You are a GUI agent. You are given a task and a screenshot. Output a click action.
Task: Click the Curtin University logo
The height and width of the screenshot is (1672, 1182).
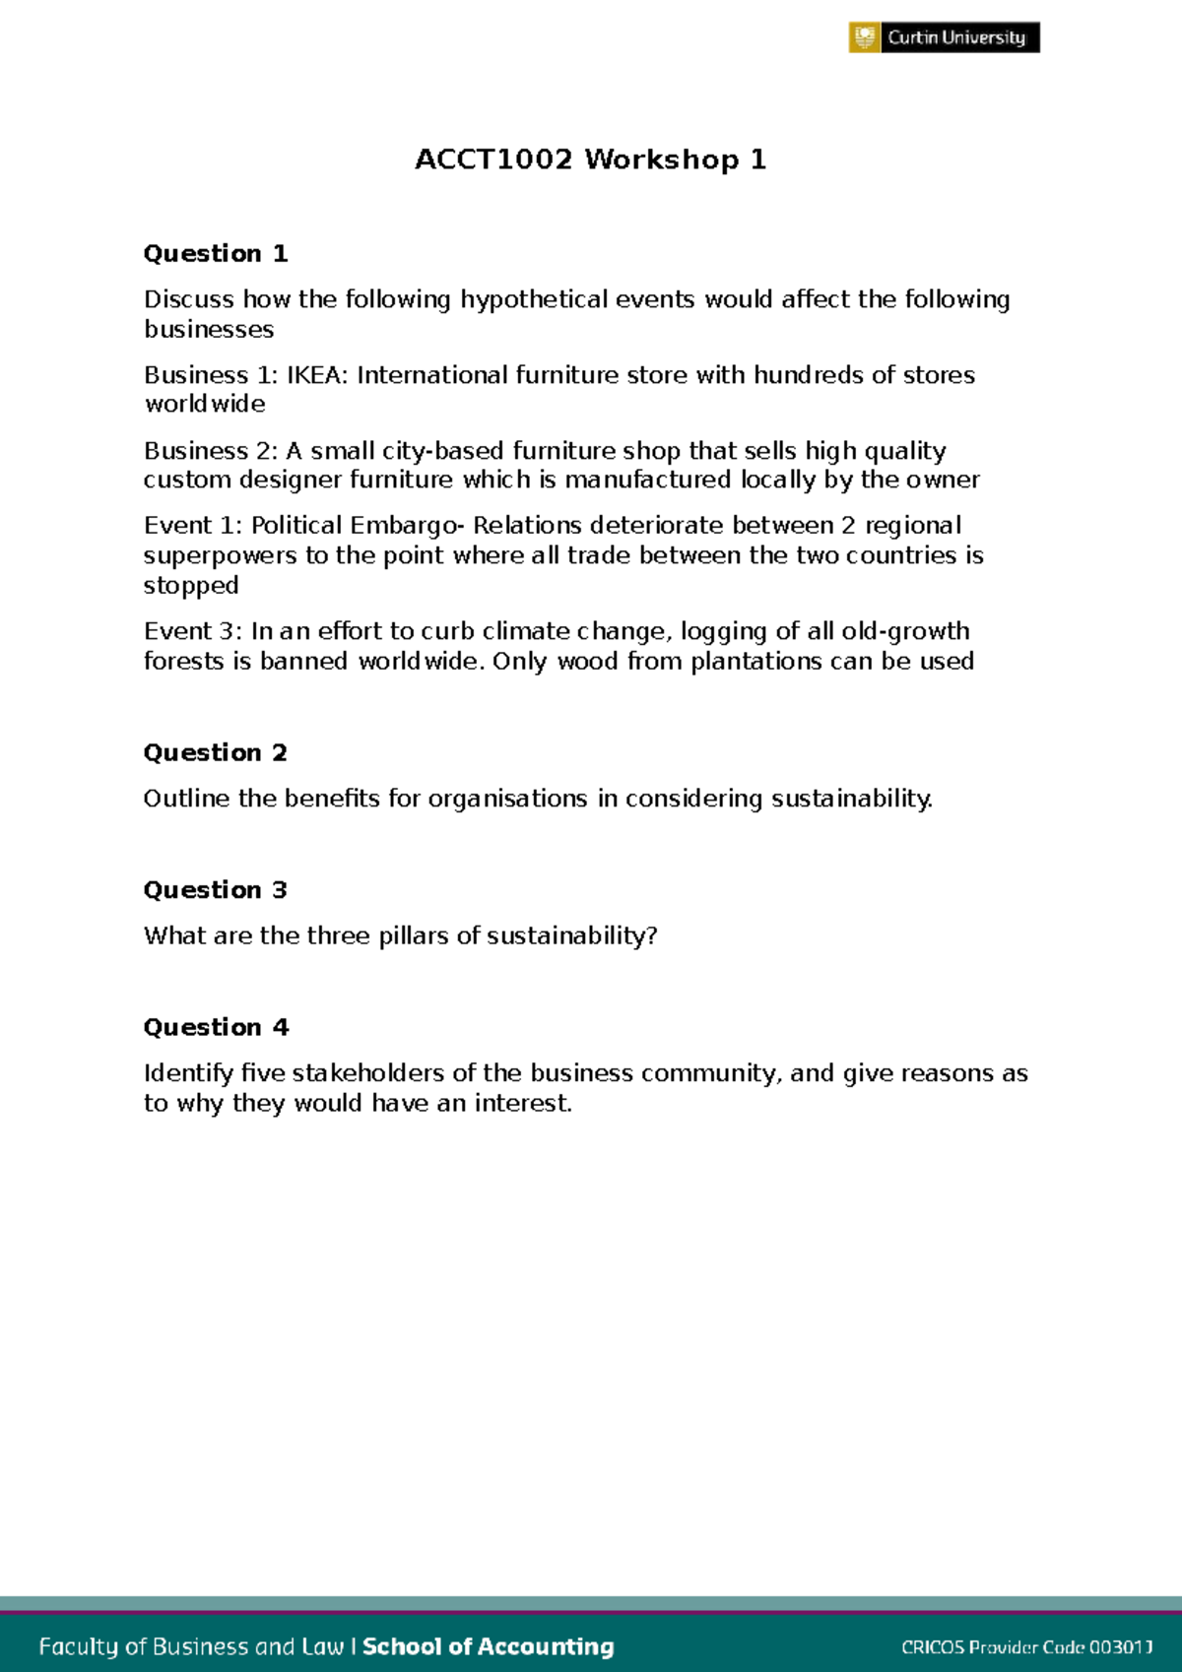(x=944, y=37)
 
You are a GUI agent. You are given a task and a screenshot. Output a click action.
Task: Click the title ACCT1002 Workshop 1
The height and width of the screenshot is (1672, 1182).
(x=590, y=160)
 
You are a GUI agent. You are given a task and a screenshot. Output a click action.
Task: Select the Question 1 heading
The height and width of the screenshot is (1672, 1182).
(x=216, y=254)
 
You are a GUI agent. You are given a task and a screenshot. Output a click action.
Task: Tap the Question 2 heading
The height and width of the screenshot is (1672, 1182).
(x=216, y=753)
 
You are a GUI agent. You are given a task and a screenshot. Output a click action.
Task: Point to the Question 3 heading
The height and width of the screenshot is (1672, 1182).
(x=216, y=890)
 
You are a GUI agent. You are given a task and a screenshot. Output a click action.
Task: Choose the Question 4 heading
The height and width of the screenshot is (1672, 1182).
(x=216, y=1028)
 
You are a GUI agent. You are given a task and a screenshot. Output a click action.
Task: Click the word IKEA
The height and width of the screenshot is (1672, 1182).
(x=316, y=375)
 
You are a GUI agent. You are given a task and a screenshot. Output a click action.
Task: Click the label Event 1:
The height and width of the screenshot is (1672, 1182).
(x=193, y=526)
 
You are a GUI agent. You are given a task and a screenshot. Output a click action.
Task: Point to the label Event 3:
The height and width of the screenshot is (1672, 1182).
(x=193, y=631)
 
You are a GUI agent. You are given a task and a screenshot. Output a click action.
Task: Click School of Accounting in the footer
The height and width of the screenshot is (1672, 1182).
(x=489, y=1646)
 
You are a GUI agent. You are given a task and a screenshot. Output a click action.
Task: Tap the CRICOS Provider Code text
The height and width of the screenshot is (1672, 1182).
(x=1026, y=1647)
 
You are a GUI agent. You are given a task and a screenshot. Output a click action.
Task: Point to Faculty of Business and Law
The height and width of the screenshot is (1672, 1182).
(x=191, y=1646)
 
